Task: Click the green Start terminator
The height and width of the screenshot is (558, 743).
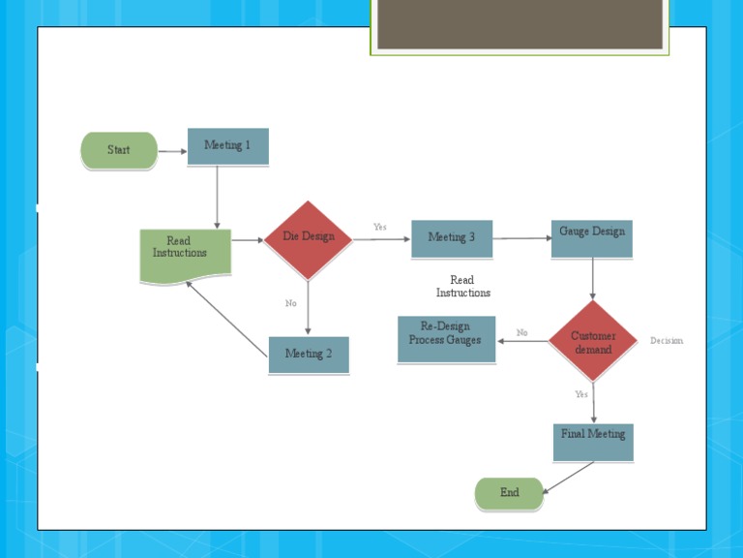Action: [119, 150]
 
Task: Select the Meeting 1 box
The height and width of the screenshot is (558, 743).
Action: [227, 146]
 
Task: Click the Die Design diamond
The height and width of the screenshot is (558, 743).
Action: [308, 238]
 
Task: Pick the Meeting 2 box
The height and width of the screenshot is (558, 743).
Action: [309, 355]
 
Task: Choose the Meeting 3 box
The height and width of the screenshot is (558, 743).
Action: [452, 238]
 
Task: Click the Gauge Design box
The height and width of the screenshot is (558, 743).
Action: [592, 238]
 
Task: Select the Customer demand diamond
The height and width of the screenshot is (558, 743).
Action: [593, 342]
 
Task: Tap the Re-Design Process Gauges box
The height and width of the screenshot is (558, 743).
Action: [446, 339]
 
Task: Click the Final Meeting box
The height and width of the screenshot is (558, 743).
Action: [593, 441]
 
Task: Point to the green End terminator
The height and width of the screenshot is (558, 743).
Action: [510, 493]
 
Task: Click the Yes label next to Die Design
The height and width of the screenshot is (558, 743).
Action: [380, 228]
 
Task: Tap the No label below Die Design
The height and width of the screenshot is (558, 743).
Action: [291, 304]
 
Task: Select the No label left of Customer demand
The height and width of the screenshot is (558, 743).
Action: [522, 333]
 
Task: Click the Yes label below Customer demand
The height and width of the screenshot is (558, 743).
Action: [581, 395]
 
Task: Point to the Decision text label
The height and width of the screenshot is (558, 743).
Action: [667, 341]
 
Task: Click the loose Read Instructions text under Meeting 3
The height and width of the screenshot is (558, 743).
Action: [462, 287]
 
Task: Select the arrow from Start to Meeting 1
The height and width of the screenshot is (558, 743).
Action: [172, 151]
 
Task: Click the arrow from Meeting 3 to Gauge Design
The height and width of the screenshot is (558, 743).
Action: [521, 238]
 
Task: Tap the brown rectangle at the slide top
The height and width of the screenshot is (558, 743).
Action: [520, 24]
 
